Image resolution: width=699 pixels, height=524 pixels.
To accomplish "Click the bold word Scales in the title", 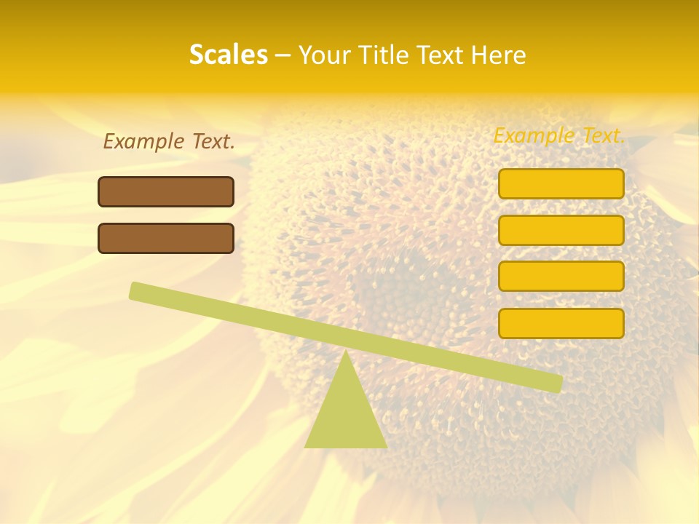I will point(228,55).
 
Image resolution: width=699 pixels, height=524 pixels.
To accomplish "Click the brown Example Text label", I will point(169,141).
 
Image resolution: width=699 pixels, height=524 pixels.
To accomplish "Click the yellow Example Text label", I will point(559,135).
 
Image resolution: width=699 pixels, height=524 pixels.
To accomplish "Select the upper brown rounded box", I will point(166,191).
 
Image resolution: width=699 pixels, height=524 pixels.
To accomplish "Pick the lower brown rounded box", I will point(166,238).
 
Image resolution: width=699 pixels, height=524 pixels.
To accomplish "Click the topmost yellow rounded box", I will point(561,183).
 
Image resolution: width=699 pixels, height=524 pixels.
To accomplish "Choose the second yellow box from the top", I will point(561,230).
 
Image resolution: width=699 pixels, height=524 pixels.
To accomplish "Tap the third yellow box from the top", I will point(561,277).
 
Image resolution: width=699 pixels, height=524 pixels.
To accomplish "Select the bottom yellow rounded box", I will point(561,323).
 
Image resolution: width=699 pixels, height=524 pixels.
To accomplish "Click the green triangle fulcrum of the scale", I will point(346,415).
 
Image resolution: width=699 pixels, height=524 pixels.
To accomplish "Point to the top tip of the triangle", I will point(346,353).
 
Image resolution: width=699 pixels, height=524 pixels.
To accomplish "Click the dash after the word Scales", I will point(283,56).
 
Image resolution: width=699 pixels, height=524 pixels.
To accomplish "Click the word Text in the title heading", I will point(442,55).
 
